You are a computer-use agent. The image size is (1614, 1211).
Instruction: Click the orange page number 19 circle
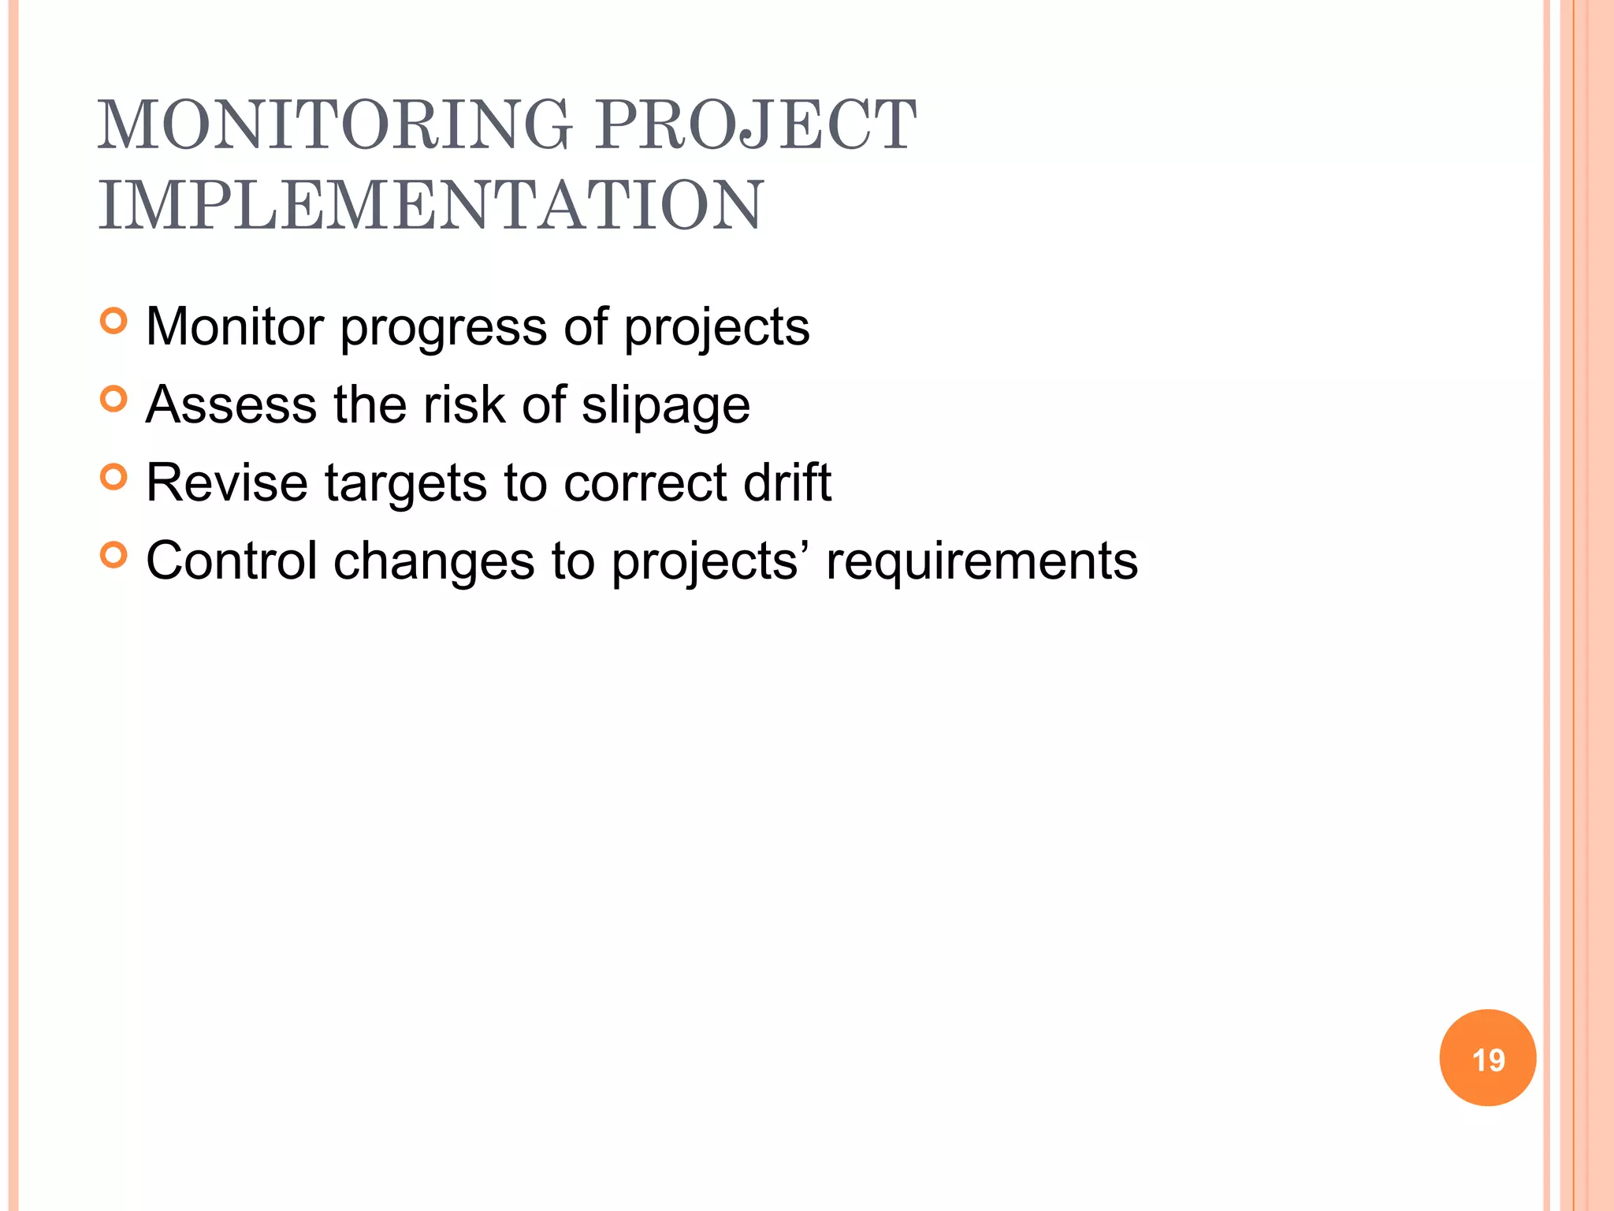[1487, 1058]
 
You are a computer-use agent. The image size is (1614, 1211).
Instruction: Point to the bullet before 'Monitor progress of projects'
[114, 322]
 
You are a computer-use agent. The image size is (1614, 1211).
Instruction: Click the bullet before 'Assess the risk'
[114, 399]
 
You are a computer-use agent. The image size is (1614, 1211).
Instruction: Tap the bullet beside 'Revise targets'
[114, 477]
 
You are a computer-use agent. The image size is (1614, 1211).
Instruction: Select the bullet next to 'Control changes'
[114, 555]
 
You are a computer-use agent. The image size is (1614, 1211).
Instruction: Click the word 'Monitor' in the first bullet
[235, 326]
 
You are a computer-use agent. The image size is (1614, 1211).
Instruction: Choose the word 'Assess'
[231, 404]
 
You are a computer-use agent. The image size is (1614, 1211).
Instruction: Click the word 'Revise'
[226, 482]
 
